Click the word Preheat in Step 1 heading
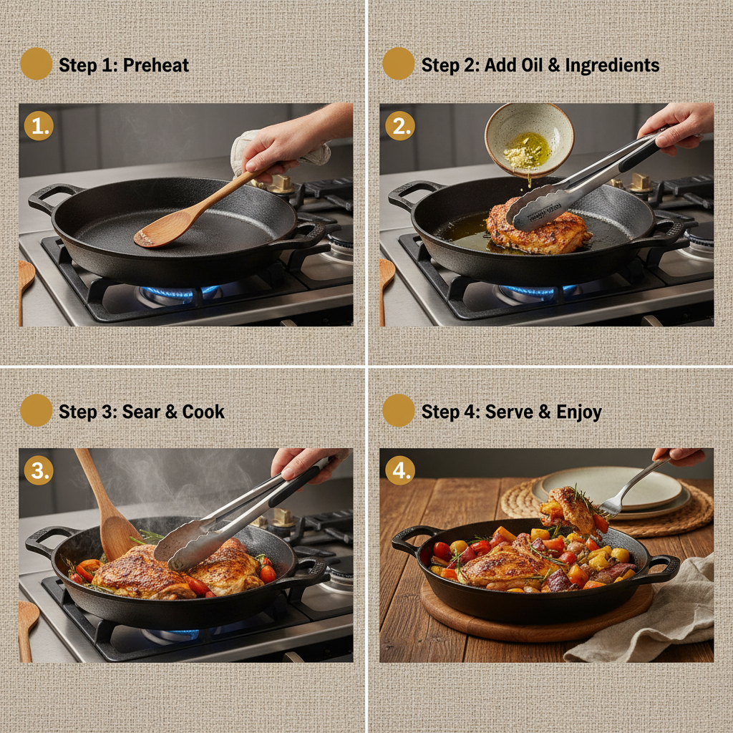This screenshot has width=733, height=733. click(155, 65)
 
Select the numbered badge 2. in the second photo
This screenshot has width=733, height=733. click(399, 126)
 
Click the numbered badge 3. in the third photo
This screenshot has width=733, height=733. click(39, 470)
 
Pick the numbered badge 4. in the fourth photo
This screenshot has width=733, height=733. click(399, 470)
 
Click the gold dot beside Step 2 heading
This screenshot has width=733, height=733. click(398, 64)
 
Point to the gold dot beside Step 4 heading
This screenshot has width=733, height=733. click(398, 410)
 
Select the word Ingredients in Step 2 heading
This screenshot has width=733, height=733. click(612, 65)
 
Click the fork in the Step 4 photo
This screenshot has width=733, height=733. click(630, 490)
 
